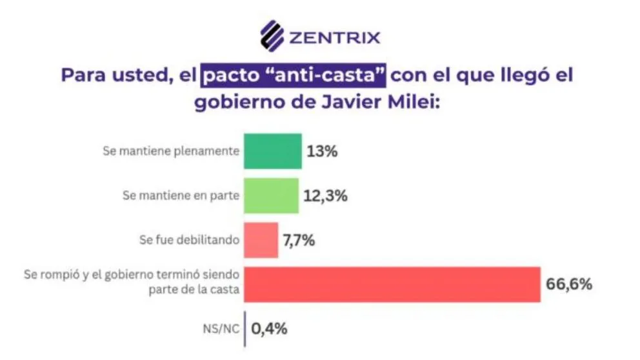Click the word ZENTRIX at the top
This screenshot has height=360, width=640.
(334, 37)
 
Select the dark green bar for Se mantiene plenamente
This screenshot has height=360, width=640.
(272, 151)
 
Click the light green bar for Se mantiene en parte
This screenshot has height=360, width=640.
(271, 195)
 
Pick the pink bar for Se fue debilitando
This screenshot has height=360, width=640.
(261, 240)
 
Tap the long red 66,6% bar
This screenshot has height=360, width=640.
(392, 284)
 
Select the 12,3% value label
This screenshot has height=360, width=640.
(326, 196)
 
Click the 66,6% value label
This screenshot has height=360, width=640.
(568, 284)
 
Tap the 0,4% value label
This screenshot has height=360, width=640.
(269, 328)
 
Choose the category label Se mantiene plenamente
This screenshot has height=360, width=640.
(171, 152)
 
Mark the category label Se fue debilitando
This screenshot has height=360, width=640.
(189, 240)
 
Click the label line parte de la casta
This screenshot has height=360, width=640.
(192, 290)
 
